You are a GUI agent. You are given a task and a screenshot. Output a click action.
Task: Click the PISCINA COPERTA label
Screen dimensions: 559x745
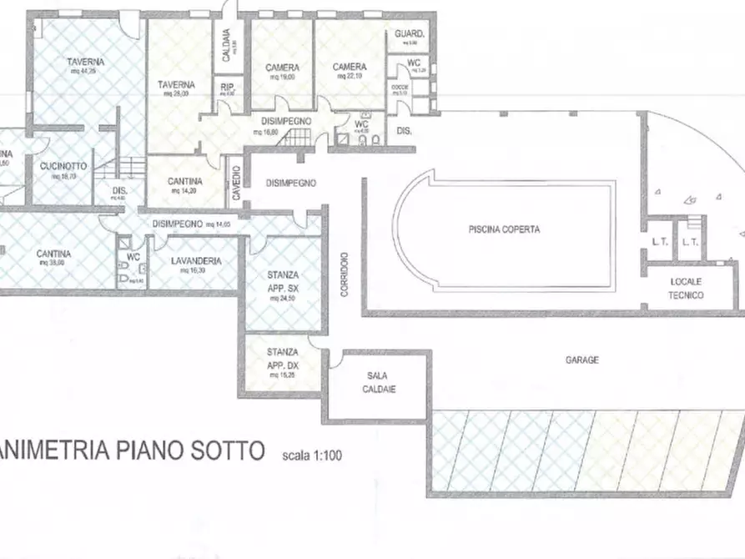pyautogui.click(x=504, y=229)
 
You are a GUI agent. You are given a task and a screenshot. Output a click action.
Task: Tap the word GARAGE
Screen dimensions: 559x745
pyautogui.click(x=582, y=360)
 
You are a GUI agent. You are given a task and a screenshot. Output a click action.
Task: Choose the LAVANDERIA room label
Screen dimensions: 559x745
pyautogui.click(x=196, y=261)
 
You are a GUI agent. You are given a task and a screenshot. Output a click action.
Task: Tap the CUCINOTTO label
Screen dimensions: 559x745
pyautogui.click(x=63, y=166)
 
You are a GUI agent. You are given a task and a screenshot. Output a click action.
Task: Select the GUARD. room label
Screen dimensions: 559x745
pyautogui.click(x=410, y=34)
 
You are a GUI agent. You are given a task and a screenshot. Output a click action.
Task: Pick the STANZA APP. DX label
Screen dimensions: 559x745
pyautogui.click(x=283, y=359)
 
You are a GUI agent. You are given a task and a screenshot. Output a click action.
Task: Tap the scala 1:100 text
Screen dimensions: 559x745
pyautogui.click(x=311, y=456)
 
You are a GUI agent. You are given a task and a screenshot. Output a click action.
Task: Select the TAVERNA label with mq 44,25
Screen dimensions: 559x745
pyautogui.click(x=86, y=63)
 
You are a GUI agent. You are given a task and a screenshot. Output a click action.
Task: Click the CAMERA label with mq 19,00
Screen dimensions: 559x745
pyautogui.click(x=283, y=68)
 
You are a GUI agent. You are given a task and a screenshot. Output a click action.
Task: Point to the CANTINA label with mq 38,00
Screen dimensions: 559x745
pyautogui.click(x=53, y=254)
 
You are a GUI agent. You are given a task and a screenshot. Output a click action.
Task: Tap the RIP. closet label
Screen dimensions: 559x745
pyautogui.click(x=226, y=87)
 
